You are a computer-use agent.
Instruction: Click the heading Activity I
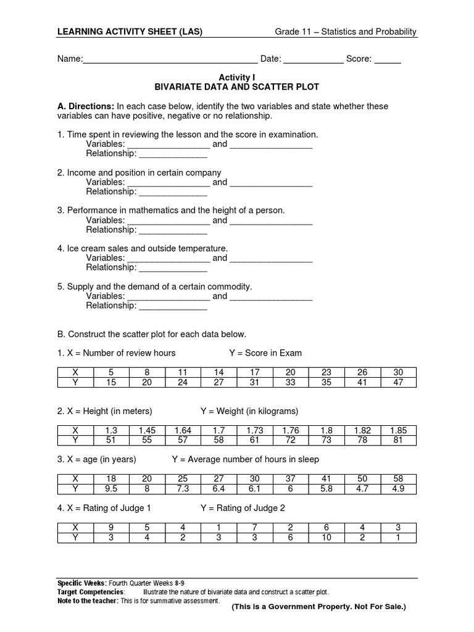(x=236, y=78)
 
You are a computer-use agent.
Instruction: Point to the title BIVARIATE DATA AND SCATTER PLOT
(x=236, y=88)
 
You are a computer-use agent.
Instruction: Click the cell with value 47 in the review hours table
(x=398, y=382)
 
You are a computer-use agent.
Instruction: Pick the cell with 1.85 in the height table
(x=398, y=430)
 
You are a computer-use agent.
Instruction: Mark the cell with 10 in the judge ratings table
(x=326, y=537)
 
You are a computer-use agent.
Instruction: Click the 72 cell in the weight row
(x=291, y=440)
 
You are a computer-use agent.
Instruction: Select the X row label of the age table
(x=75, y=478)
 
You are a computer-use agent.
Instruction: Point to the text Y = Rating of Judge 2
(x=243, y=508)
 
